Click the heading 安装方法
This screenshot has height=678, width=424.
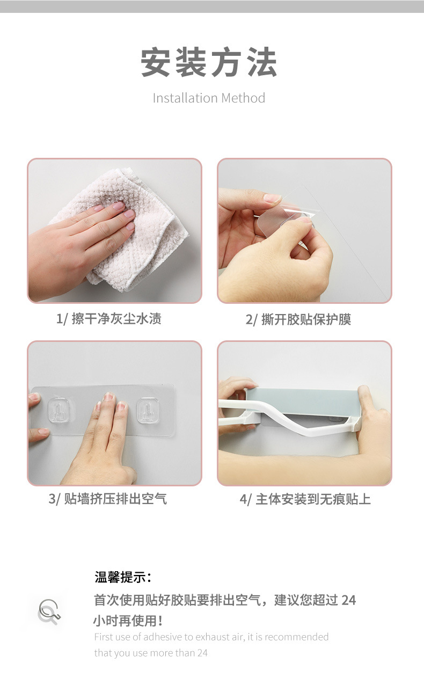tap(209, 63)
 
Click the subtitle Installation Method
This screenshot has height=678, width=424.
tap(209, 98)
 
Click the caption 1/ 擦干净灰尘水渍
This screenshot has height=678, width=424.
tap(109, 319)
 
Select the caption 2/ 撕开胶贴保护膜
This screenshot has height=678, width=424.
tap(298, 320)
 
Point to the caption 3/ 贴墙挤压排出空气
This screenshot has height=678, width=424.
tap(108, 499)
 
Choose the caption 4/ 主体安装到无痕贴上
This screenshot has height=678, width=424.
tap(305, 499)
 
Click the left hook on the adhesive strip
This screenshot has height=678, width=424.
tap(60, 411)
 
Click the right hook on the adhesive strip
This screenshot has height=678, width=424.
tap(149, 411)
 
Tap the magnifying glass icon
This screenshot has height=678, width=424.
tap(49, 611)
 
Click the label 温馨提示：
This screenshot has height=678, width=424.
tap(123, 578)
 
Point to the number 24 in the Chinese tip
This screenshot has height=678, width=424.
tap(348, 600)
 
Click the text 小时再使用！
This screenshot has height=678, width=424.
tap(128, 621)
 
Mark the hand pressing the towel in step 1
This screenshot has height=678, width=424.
tap(81, 236)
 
